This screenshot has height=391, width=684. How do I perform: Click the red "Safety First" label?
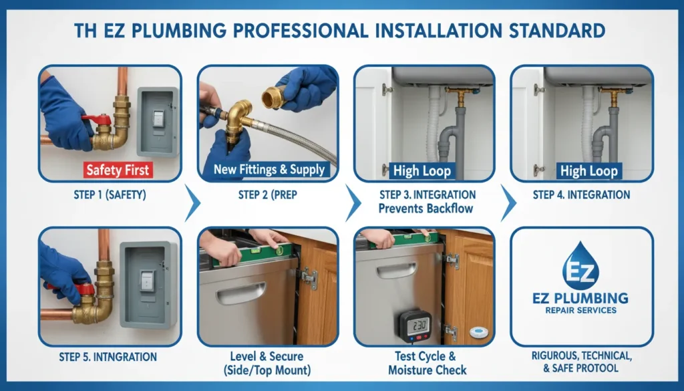(x=118, y=170)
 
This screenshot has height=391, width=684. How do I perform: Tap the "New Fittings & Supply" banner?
(x=269, y=170)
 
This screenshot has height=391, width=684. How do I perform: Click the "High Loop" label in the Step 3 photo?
(x=422, y=170)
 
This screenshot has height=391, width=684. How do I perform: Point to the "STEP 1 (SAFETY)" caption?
(x=110, y=196)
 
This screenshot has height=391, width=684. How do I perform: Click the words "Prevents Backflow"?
(x=425, y=208)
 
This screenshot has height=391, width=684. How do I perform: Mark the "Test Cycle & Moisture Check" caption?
(x=425, y=363)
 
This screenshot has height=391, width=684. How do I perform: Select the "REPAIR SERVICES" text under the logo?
(x=580, y=310)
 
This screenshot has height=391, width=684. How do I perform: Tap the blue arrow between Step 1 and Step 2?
(x=192, y=203)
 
